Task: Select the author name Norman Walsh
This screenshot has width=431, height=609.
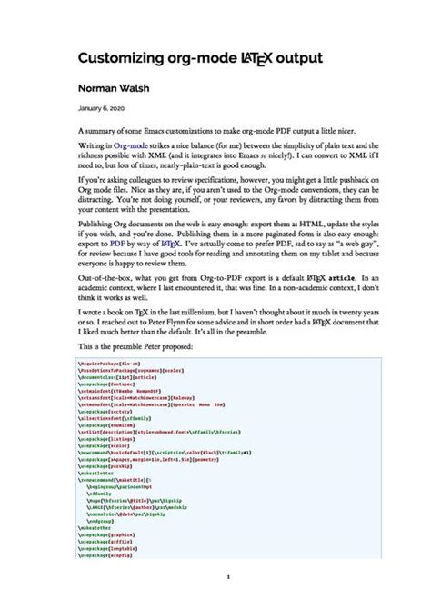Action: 114,90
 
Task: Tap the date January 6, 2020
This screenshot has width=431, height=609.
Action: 100,109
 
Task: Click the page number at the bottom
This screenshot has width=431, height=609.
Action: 228,576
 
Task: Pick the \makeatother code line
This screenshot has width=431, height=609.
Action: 97,525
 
